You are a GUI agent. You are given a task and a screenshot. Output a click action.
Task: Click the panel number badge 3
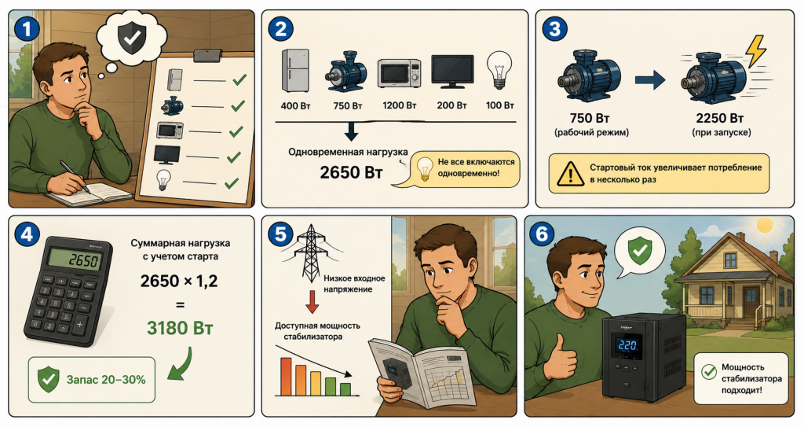[x=555, y=29]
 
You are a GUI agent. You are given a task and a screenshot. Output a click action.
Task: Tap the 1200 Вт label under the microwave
[x=400, y=105]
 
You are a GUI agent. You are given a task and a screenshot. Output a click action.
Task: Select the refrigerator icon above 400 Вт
[x=295, y=71]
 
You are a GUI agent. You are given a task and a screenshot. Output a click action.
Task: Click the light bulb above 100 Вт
[x=499, y=70]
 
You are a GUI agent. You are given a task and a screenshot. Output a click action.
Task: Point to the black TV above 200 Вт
[x=452, y=72]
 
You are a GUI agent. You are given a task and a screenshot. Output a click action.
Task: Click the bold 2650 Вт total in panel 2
[x=351, y=172]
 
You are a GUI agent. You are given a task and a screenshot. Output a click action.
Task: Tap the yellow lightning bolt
[x=755, y=51]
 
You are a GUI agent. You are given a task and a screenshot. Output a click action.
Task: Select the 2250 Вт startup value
[x=720, y=118]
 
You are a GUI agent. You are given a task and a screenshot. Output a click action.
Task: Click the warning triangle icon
[x=569, y=174]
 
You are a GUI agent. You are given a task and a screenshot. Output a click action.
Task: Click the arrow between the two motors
[x=650, y=79]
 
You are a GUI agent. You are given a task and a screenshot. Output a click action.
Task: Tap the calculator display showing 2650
[x=75, y=260]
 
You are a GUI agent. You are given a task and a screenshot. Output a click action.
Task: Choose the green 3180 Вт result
[x=180, y=327]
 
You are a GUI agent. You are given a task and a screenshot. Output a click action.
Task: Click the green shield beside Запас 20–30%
[x=49, y=379]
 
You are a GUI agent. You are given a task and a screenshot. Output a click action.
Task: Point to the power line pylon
[x=309, y=252]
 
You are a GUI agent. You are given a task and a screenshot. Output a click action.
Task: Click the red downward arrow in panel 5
[x=312, y=302]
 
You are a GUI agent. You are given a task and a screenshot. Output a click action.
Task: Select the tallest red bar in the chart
[x=286, y=377]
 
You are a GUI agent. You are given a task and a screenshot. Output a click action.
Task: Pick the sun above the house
[x=765, y=225]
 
